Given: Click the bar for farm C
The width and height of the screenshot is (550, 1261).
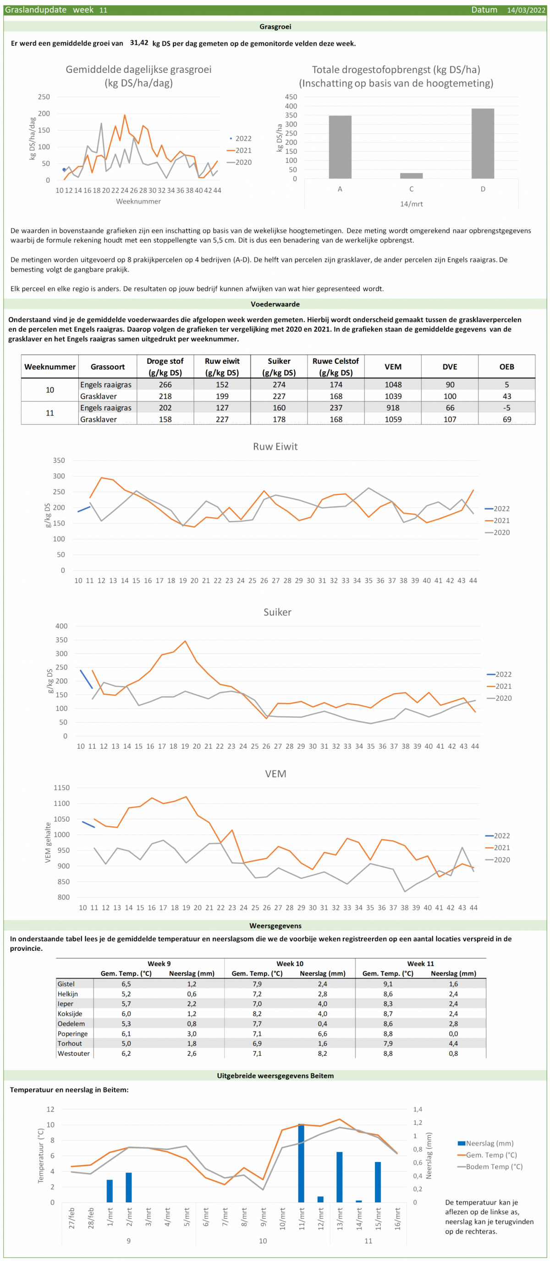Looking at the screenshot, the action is pyautogui.click(x=411, y=176).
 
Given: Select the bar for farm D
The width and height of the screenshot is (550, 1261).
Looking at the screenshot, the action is pyautogui.click(x=483, y=143).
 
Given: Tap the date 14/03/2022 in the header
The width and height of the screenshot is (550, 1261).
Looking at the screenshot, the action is pyautogui.click(x=526, y=10).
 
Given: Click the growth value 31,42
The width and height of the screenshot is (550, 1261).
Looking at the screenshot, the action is pyautogui.click(x=139, y=43).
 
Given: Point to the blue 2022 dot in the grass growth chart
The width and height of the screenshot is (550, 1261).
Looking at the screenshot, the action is pyautogui.click(x=64, y=170).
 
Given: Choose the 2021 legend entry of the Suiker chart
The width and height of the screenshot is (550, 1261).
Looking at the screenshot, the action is pyautogui.click(x=499, y=686).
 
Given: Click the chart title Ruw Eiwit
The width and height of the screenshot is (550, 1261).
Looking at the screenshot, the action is pyautogui.click(x=275, y=446).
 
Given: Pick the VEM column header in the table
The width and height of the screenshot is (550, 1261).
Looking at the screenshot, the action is pyautogui.click(x=393, y=367).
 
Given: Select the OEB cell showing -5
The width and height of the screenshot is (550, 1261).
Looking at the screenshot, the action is pyautogui.click(x=506, y=407).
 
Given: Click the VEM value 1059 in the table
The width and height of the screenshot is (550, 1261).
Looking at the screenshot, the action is pyautogui.click(x=393, y=419).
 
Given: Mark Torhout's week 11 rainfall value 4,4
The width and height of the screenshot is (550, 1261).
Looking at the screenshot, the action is pyautogui.click(x=453, y=1043).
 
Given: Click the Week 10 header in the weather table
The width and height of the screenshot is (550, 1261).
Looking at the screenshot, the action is pyautogui.click(x=290, y=963).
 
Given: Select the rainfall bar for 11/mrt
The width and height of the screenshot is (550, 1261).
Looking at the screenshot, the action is pyautogui.click(x=301, y=1163).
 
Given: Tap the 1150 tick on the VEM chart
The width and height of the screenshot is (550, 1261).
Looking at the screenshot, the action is pyautogui.click(x=62, y=788).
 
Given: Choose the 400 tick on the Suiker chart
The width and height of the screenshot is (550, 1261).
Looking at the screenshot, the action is pyautogui.click(x=61, y=625).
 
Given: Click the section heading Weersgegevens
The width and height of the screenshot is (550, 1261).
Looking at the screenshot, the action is pyautogui.click(x=275, y=926).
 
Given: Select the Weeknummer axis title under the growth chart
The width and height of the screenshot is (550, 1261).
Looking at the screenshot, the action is pyautogui.click(x=138, y=201).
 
